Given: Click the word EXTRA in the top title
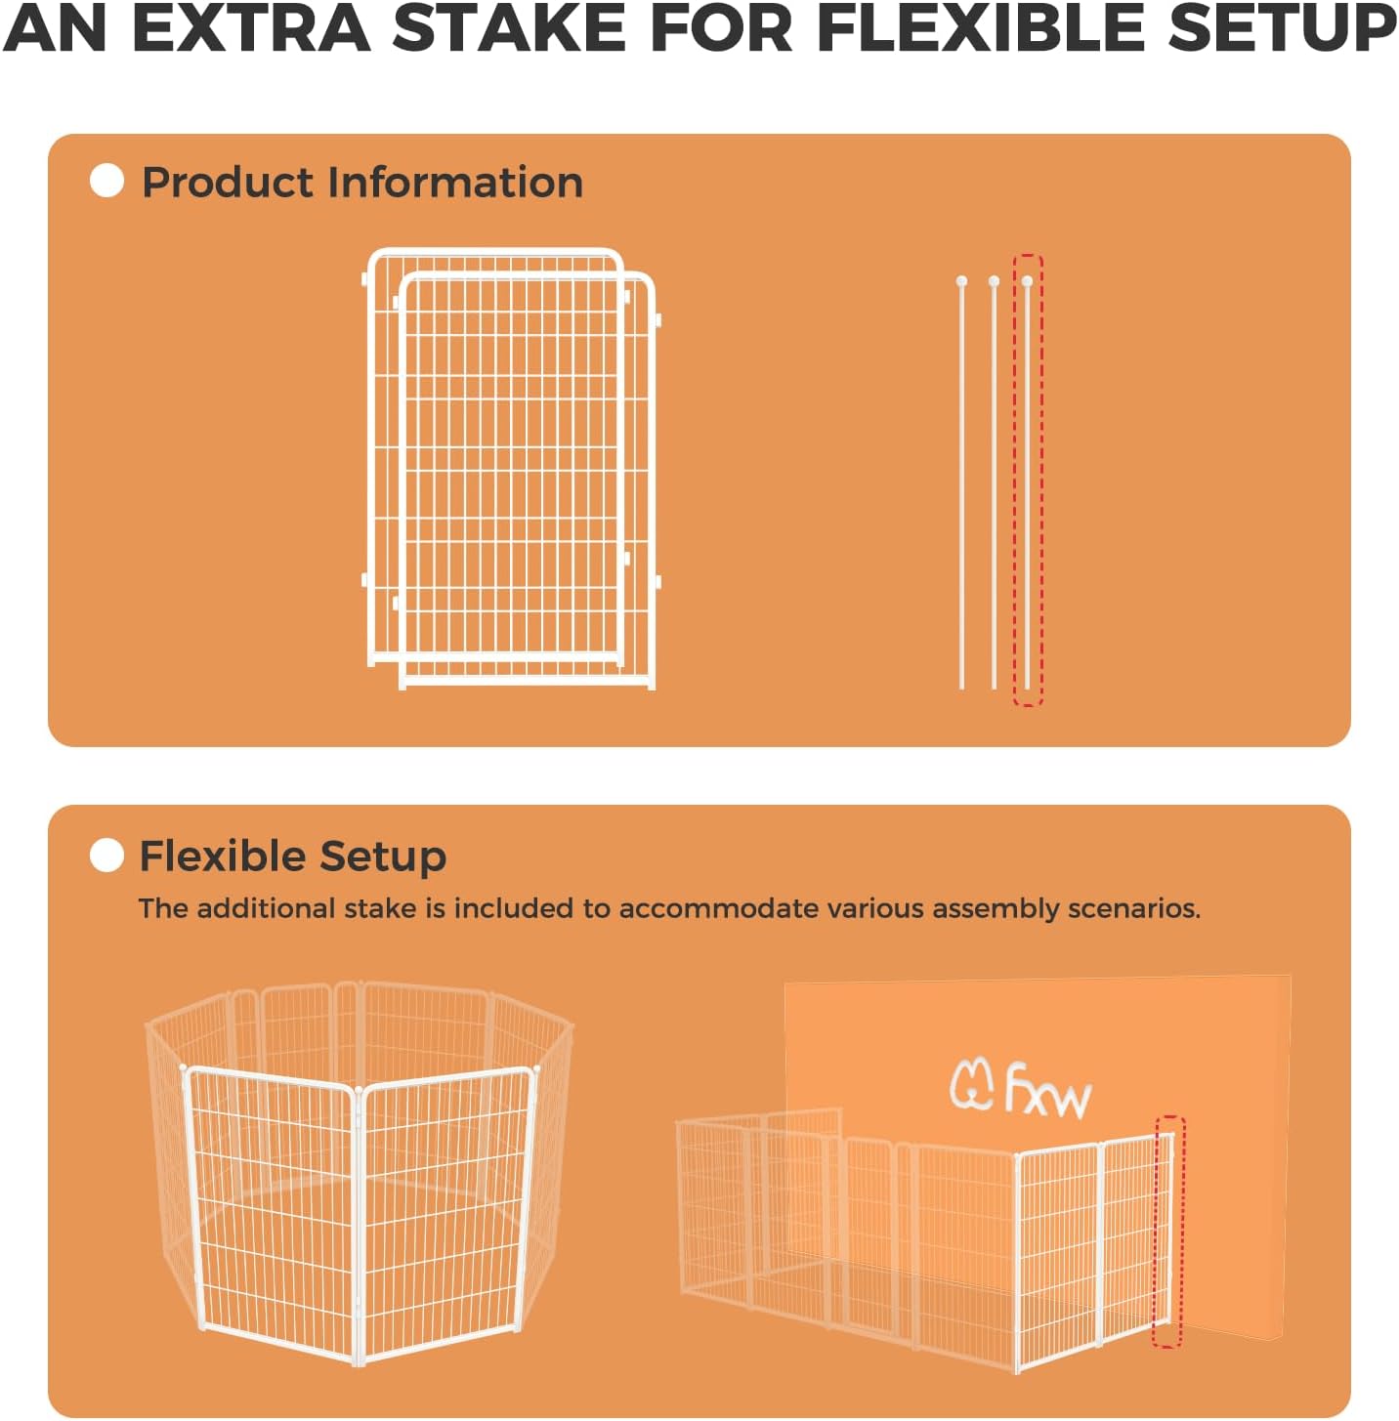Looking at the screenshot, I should pyautogui.click(x=251, y=28).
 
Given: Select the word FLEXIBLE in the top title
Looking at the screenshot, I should pyautogui.click(x=980, y=28).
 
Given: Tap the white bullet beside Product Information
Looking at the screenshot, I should pyautogui.click(x=106, y=181).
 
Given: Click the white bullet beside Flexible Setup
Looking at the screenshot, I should pyautogui.click(x=106, y=856).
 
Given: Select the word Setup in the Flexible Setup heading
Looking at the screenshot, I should pyautogui.click(x=383, y=857).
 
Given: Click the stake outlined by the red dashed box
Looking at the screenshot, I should pyautogui.click(x=1027, y=483).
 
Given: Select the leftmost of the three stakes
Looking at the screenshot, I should pyautogui.click(x=962, y=483).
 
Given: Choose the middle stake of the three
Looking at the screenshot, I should pyautogui.click(x=995, y=483).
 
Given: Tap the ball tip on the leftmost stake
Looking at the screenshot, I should pyautogui.click(x=962, y=281).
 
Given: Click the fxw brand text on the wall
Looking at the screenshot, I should pyautogui.click(x=1048, y=1091).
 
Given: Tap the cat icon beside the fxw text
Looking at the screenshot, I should pyautogui.click(x=971, y=1085).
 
